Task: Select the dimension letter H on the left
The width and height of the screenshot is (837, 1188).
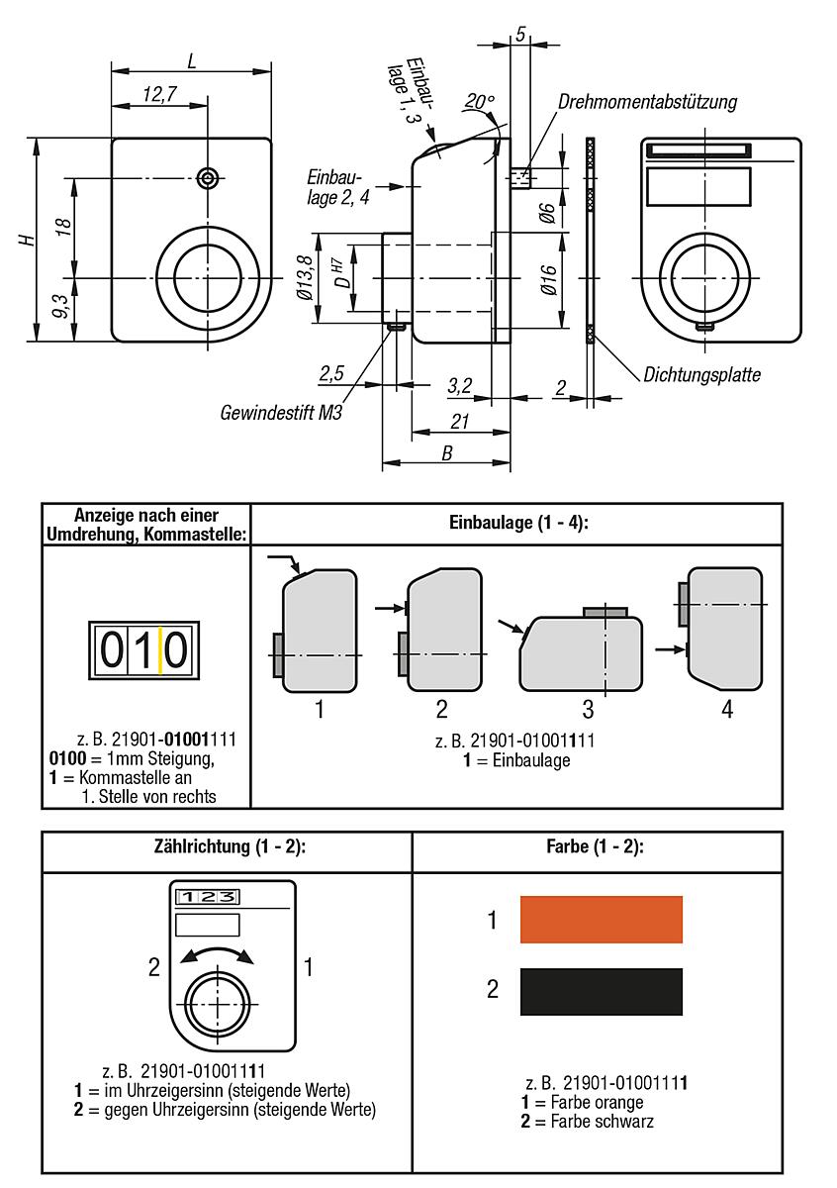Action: click(29, 240)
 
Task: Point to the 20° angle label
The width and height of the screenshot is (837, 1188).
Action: click(479, 102)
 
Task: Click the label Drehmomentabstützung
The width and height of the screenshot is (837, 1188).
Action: click(647, 102)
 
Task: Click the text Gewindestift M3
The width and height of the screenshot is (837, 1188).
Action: click(281, 411)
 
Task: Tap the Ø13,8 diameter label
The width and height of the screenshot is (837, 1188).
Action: click(305, 278)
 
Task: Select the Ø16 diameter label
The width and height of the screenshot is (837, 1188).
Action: click(550, 278)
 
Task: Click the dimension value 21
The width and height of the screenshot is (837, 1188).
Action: click(459, 422)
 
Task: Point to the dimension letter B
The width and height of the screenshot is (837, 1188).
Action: click(446, 453)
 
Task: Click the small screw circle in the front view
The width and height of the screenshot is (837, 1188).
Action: click(208, 178)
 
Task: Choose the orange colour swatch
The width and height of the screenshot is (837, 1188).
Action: click(602, 920)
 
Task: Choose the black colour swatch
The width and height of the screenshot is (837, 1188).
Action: click(602, 991)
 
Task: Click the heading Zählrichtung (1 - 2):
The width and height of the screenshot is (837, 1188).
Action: click(227, 847)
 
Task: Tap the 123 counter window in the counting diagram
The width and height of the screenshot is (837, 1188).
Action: click(207, 897)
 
